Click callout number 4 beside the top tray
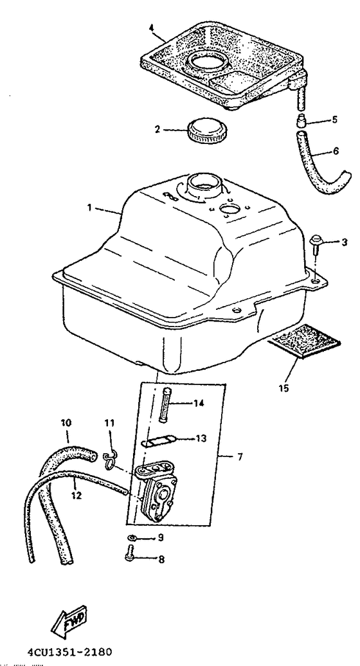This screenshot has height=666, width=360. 151,28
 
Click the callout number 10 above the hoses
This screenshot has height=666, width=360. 67,423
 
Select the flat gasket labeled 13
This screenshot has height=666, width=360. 161,442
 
